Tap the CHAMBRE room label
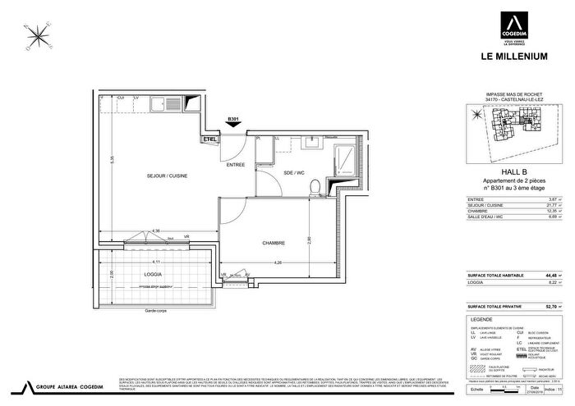click(x=274, y=244)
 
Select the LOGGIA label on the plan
click(x=131, y=274)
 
